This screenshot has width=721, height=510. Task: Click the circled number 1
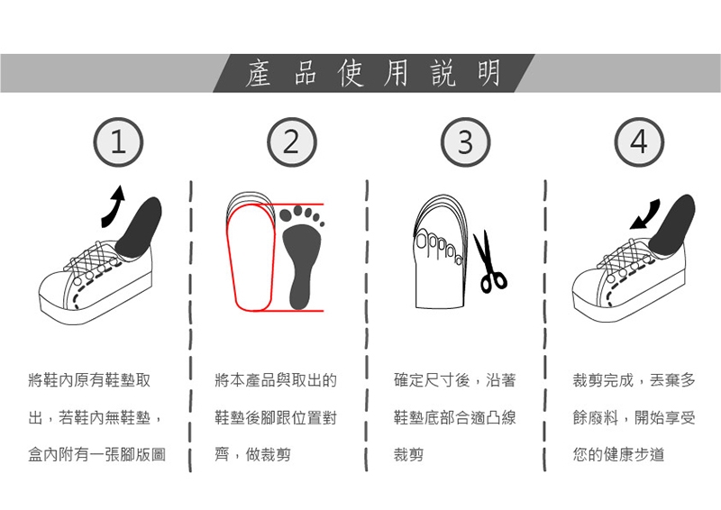118,142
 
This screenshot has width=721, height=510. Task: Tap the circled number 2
291,142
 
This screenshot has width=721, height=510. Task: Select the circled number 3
465,142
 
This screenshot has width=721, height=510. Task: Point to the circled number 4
639,142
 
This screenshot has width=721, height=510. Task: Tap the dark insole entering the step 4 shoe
673,225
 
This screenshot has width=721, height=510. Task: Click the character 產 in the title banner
258,74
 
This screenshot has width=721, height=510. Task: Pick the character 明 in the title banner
488,74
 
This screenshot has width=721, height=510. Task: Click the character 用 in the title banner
396,74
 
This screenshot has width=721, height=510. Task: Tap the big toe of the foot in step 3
422,240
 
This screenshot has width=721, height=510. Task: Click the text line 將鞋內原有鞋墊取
89,380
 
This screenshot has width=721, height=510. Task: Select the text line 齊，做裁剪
252,455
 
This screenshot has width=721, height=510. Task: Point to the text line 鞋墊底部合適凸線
455,417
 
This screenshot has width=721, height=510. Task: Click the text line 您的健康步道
618,455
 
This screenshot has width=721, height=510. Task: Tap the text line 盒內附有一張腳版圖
96,455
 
